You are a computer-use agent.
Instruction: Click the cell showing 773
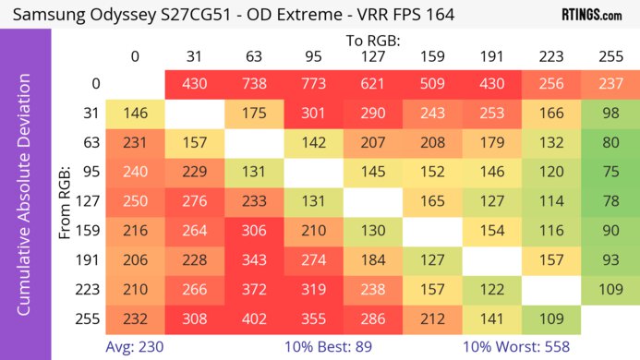313,83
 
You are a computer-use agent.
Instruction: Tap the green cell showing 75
610,172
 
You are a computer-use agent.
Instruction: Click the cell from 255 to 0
135,320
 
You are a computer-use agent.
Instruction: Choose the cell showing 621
372,83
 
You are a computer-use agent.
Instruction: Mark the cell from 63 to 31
194,142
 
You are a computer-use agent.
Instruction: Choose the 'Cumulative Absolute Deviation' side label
25,201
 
